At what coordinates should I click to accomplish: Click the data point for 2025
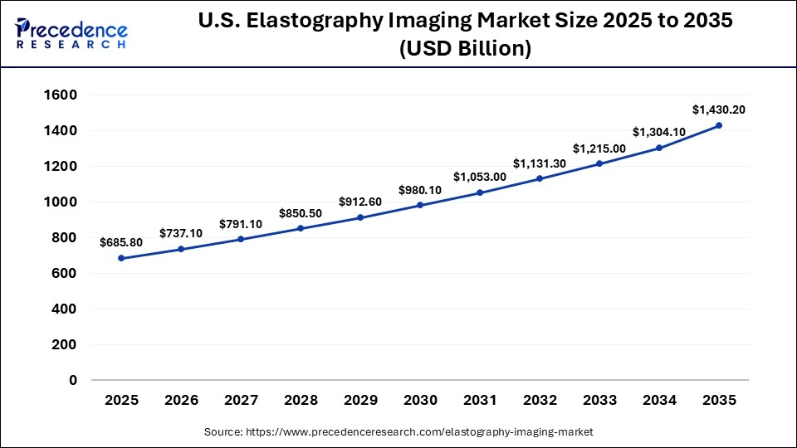(x=122, y=258)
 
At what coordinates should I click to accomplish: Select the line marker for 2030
(x=420, y=205)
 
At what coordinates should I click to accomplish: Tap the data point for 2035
(x=719, y=125)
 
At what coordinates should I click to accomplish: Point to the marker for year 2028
(x=301, y=228)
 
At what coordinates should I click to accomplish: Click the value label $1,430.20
(x=719, y=110)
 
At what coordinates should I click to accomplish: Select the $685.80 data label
(x=122, y=242)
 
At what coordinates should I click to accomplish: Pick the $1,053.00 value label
(x=480, y=177)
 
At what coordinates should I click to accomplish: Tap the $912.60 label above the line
(x=360, y=202)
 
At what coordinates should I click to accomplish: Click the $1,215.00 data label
(x=599, y=148)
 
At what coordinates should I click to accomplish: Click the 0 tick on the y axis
(x=73, y=380)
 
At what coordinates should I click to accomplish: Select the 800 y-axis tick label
(x=64, y=238)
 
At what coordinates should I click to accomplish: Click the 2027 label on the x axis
(x=241, y=400)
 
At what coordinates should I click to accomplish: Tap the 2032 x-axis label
(x=540, y=400)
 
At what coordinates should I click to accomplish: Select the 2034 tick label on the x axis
(x=659, y=400)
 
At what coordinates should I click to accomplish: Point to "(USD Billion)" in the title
(x=465, y=49)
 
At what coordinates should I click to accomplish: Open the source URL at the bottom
(x=398, y=432)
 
